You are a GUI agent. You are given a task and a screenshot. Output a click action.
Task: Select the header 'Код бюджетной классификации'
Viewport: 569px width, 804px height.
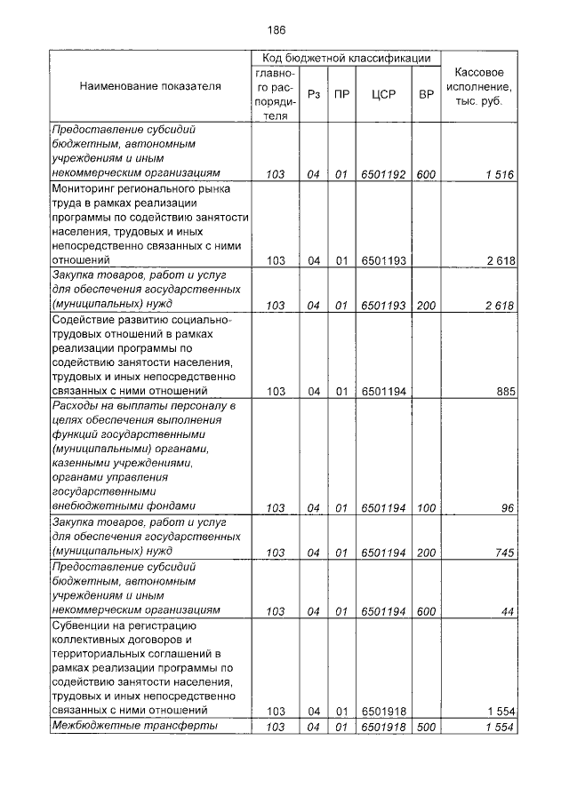click(x=346, y=58)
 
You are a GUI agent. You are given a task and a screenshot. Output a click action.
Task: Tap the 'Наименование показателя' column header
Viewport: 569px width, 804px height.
click(x=150, y=87)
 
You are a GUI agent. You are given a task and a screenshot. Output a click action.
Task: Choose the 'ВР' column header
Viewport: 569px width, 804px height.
click(x=425, y=92)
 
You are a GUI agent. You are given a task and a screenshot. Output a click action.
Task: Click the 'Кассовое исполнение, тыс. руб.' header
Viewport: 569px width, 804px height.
click(x=480, y=86)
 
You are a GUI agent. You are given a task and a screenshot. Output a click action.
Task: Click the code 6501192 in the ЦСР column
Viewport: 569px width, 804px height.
click(x=382, y=174)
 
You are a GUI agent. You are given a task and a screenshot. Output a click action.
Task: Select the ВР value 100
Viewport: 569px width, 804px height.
click(x=425, y=507)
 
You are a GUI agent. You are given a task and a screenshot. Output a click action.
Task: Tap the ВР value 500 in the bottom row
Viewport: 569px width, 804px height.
click(x=425, y=728)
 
